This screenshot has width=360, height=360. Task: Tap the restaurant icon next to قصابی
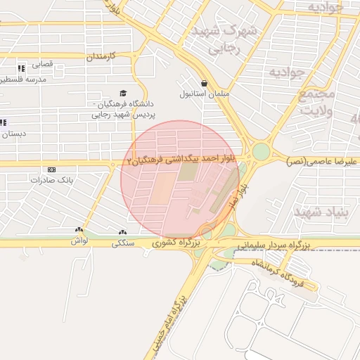coord(21,68)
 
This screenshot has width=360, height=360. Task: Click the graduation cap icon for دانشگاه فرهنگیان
coord(124,93)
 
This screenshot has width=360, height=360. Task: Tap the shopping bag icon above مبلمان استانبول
coord(204,82)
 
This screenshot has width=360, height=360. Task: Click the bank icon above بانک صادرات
coord(51,169)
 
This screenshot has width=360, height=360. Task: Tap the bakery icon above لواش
coord(78,231)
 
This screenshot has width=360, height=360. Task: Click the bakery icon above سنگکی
coord(123,232)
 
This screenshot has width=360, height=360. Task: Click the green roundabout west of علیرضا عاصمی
coord(261,151)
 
